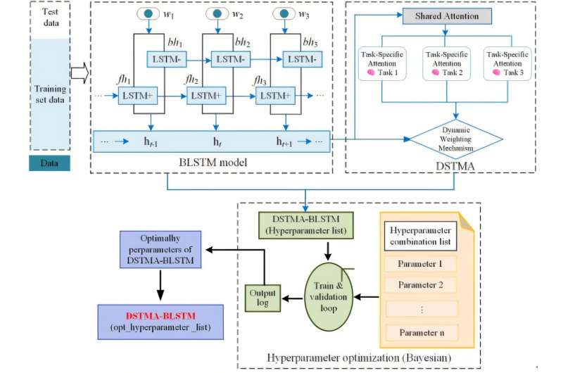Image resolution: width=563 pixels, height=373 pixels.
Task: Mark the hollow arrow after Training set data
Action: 80,70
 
